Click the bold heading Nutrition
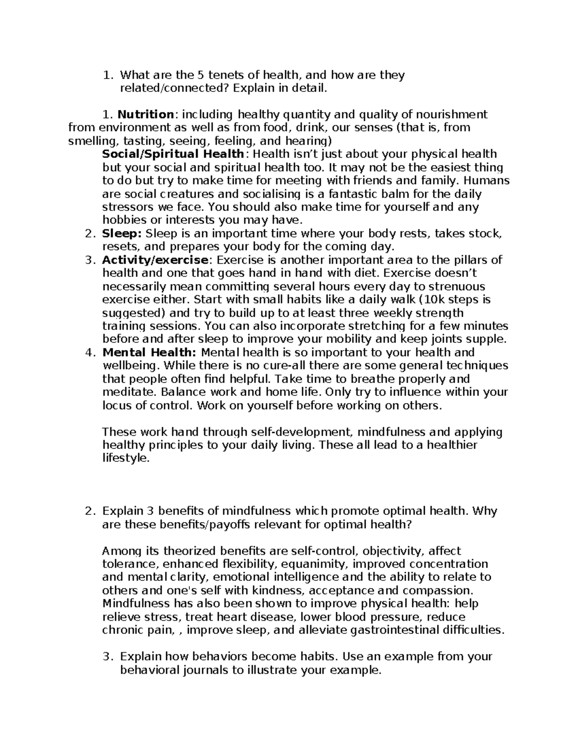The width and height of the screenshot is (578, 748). [x=145, y=115]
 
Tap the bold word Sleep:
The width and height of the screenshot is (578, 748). [x=121, y=234]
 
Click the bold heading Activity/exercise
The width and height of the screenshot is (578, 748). [x=156, y=261]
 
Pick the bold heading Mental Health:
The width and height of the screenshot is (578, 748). [x=149, y=353]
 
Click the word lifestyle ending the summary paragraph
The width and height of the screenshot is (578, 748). [x=125, y=459]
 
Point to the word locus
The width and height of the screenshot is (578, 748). [x=117, y=406]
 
